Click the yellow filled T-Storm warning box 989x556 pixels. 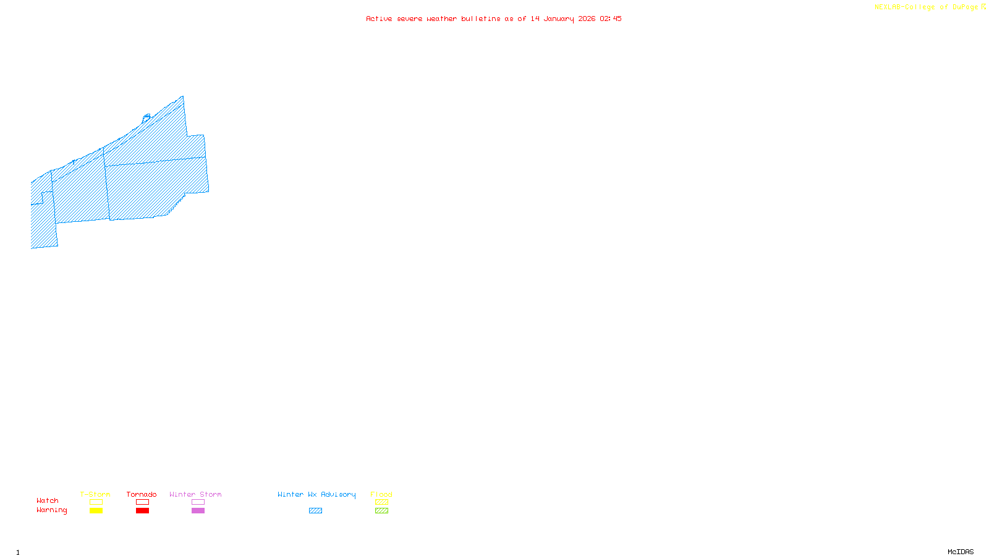point(96,511)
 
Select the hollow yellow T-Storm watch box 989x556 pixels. point(96,502)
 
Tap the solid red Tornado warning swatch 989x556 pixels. point(143,511)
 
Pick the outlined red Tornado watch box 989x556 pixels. point(143,502)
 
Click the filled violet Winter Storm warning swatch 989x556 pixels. point(198,511)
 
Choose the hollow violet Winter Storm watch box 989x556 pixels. point(198,502)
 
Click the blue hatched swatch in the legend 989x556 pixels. point(315,511)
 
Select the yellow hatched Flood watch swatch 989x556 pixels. point(381,502)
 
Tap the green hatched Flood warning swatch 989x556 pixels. point(381,511)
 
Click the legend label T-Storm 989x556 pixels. point(95,494)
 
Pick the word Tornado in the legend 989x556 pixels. point(142,494)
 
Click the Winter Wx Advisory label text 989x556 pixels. point(316,494)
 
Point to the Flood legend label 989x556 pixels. point(381,494)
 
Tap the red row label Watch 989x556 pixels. point(48,501)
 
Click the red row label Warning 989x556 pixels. point(51,510)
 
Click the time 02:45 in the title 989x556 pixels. point(611,19)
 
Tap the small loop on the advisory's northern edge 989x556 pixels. point(147,116)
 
